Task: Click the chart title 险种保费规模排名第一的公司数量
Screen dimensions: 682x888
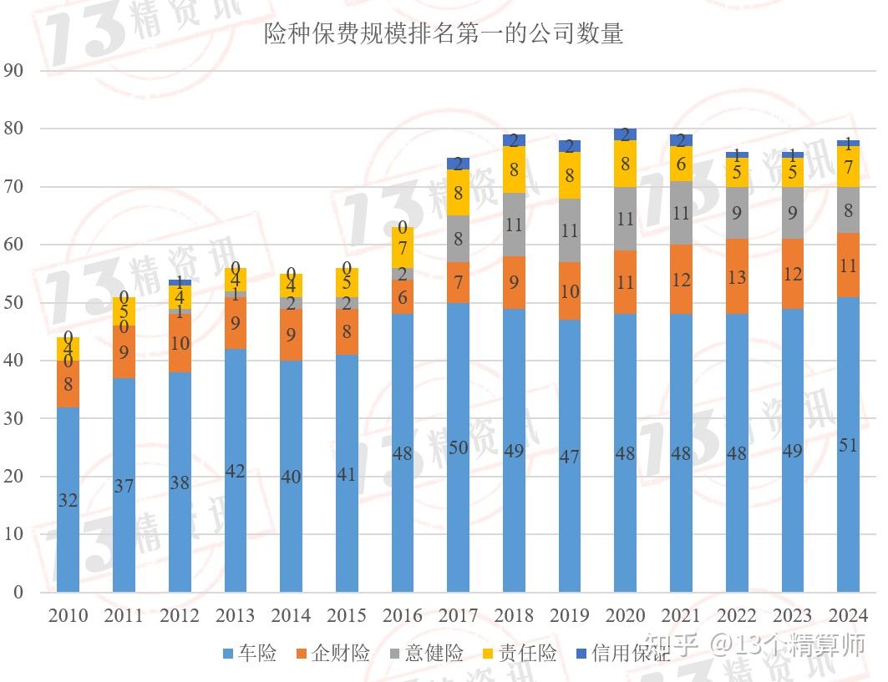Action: click(444, 34)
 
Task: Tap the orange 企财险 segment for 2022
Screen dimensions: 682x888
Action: click(736, 276)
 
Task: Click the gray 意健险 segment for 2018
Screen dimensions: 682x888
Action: click(514, 225)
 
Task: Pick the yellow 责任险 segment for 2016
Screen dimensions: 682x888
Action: click(402, 248)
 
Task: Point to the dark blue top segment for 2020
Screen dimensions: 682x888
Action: click(625, 134)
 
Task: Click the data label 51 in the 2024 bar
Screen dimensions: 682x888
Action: click(848, 446)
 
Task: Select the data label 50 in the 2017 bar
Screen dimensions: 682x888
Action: click(458, 448)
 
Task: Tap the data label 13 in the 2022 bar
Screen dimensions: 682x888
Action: click(736, 277)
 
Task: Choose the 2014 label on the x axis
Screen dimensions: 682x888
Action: click(291, 616)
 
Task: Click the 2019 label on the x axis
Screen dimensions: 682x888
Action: click(569, 616)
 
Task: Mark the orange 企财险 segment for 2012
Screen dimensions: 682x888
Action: click(180, 343)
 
